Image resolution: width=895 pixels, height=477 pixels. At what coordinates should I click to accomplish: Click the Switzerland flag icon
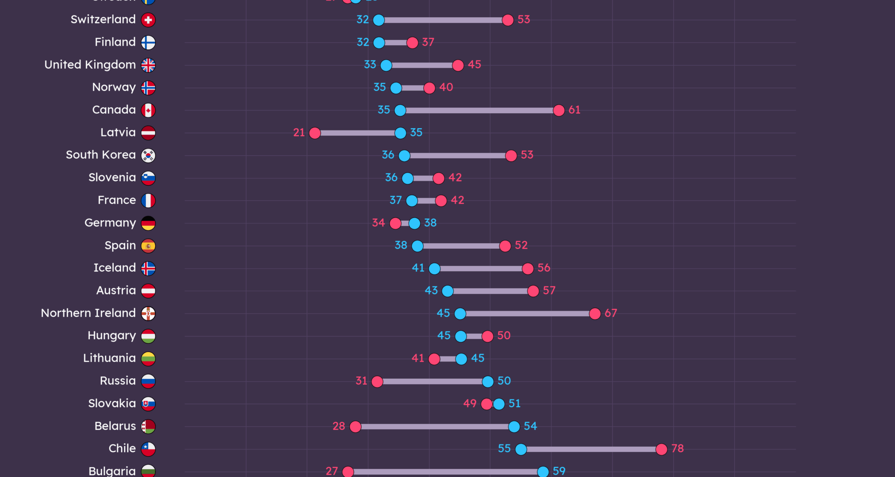(x=148, y=20)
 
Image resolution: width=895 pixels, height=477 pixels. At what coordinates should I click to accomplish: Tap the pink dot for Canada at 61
(x=558, y=110)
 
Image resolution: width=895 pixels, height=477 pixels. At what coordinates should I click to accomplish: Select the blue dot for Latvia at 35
(x=400, y=133)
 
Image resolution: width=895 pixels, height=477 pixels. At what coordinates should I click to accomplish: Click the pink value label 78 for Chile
(x=677, y=449)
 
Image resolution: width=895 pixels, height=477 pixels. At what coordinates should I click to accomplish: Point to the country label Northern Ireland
(x=88, y=313)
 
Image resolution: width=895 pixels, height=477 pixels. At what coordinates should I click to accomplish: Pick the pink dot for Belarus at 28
(x=355, y=427)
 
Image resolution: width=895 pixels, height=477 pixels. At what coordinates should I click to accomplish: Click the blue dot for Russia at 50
(x=488, y=382)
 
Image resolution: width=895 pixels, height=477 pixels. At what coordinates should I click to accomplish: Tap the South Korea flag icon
(x=148, y=156)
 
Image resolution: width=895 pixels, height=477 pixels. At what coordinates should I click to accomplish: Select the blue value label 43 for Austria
(x=431, y=291)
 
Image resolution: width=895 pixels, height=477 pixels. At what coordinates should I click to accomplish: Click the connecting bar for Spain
(x=461, y=246)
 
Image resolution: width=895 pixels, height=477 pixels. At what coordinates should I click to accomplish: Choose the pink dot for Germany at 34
(x=395, y=224)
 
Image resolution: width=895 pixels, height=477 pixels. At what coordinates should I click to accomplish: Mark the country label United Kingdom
(x=90, y=65)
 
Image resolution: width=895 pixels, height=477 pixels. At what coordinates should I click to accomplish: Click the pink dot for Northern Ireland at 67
(x=594, y=314)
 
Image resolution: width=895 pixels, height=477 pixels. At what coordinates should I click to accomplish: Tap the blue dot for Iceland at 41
(x=434, y=269)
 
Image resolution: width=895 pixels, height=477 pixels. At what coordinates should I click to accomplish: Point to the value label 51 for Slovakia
(x=515, y=403)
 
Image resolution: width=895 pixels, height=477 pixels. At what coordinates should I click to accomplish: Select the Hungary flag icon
(x=148, y=336)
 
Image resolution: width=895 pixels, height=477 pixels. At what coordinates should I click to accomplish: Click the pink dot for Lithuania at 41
(x=434, y=359)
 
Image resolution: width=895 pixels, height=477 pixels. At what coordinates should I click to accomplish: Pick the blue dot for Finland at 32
(x=379, y=43)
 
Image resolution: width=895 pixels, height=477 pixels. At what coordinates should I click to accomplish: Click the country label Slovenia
(x=112, y=177)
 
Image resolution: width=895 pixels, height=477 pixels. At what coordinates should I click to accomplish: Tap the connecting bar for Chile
(x=591, y=450)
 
